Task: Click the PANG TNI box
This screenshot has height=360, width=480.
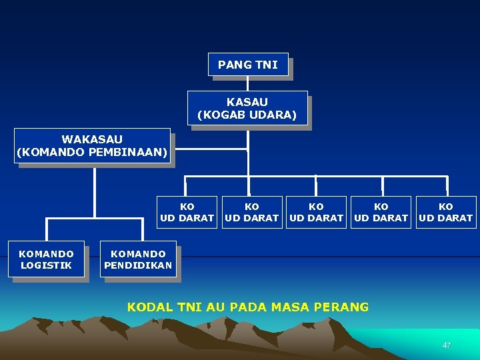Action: (x=248, y=65)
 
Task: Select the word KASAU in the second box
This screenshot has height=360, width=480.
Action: (x=247, y=102)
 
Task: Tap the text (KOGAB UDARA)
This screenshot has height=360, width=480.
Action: (x=247, y=114)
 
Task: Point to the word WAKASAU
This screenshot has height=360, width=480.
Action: (x=92, y=139)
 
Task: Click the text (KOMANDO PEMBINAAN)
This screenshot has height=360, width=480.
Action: (x=92, y=151)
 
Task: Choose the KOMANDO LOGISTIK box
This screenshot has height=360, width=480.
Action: (x=47, y=259)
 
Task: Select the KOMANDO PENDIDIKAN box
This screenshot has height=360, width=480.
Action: (x=138, y=259)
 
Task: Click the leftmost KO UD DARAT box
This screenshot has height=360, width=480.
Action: (x=187, y=212)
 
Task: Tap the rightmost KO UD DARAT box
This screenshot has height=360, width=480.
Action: (x=446, y=212)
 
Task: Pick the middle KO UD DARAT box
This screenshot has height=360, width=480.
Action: (x=317, y=212)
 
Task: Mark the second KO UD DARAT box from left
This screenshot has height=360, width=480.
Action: (x=252, y=212)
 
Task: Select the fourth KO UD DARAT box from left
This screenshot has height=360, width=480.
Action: (x=381, y=212)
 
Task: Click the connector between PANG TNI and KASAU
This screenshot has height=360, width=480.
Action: (x=248, y=83)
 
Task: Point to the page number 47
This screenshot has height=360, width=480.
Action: (x=447, y=345)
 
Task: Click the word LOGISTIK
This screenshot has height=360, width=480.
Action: (x=47, y=265)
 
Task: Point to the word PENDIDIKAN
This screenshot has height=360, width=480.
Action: (x=138, y=265)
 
